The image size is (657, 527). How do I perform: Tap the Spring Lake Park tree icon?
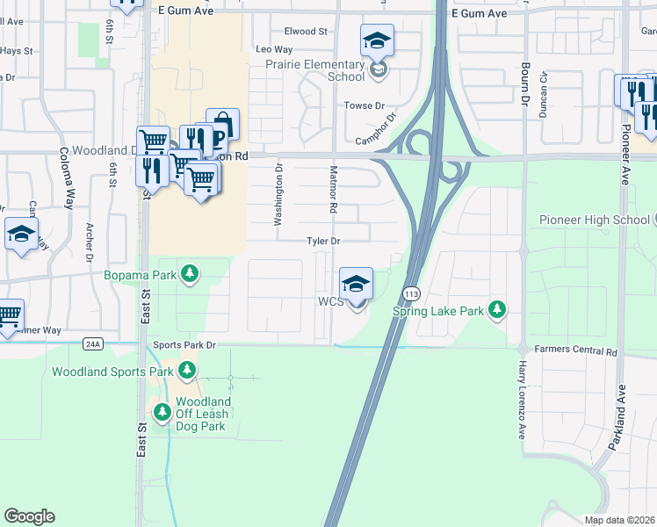pyautogui.click(x=498, y=310)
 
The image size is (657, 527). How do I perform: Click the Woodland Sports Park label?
pyautogui.click(x=112, y=372)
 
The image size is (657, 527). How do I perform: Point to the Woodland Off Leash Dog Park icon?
pyautogui.click(x=162, y=413)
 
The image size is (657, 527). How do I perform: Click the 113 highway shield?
pyautogui.click(x=410, y=291)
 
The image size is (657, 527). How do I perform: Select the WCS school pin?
pyautogui.click(x=357, y=285)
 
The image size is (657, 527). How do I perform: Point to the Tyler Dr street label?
pyautogui.click(x=323, y=241)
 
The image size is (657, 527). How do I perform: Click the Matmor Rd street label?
pyautogui.click(x=334, y=190)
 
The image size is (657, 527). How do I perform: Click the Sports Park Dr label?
pyautogui.click(x=184, y=345)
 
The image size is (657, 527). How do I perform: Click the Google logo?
pyautogui.click(x=29, y=516)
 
